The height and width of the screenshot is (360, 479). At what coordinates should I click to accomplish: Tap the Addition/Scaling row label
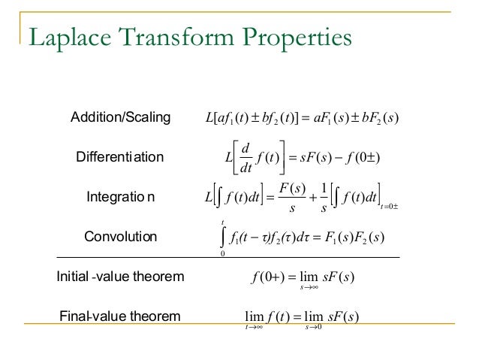click(120, 117)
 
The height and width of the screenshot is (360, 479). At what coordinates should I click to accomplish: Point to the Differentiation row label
click(120, 157)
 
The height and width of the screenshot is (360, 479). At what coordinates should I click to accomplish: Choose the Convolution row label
click(120, 237)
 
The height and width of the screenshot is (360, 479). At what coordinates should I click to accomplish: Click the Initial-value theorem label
click(120, 277)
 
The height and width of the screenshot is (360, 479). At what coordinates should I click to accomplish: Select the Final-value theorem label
click(120, 316)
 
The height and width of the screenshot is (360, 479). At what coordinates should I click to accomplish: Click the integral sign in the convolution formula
click(222, 237)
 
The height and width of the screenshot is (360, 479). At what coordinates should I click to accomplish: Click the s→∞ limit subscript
click(306, 286)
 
